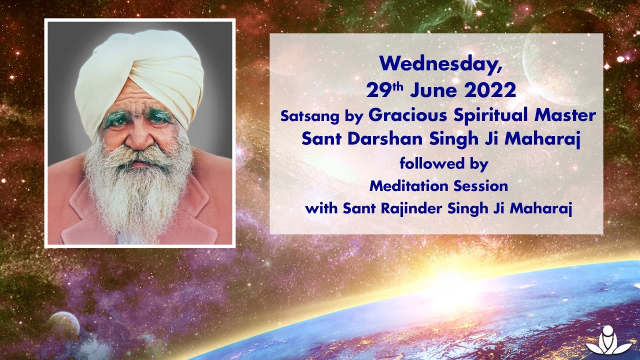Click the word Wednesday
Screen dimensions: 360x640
pyautogui.click(x=439, y=64)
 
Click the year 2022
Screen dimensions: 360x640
pyautogui.click(x=489, y=90)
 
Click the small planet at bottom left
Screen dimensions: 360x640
pyautogui.click(x=64, y=325)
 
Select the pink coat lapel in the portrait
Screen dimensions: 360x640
pyautogui.click(x=82, y=210)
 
